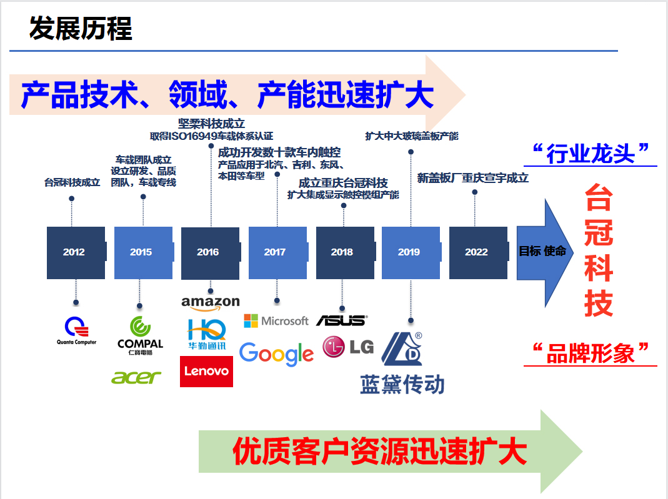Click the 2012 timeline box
point(75,252)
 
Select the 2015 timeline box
point(142,252)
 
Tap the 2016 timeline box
point(209,252)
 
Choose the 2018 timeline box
point(343,252)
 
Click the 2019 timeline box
point(410,252)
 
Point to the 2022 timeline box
point(477,252)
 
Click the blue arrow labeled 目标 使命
point(543,252)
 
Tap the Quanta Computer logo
point(76,330)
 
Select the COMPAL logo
point(140,335)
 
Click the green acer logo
point(136,377)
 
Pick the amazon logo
point(211,303)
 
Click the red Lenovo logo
point(206,372)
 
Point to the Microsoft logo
point(276,321)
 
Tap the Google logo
point(276,354)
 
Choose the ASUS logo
point(342,320)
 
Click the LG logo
point(348,347)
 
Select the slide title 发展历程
point(81,29)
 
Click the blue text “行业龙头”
point(591,153)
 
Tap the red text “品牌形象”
point(591,353)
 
